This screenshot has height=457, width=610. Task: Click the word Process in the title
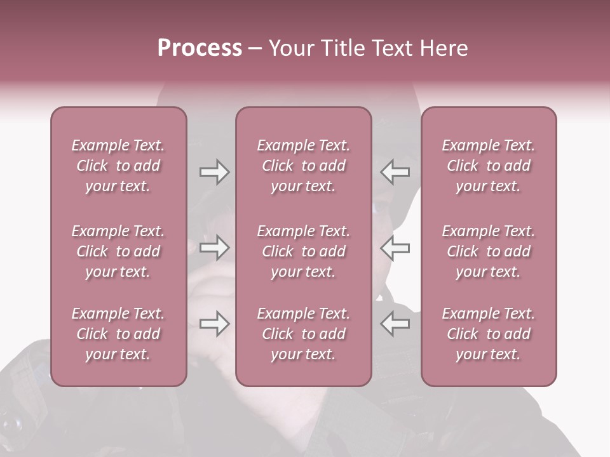click(x=200, y=48)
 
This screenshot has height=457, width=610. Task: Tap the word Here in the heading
click(x=444, y=48)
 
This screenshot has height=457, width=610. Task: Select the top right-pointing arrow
click(x=214, y=172)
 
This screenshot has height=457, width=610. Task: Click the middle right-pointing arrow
click(x=214, y=248)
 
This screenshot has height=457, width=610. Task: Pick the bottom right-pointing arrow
click(x=214, y=324)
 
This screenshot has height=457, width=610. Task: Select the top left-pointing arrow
click(x=395, y=172)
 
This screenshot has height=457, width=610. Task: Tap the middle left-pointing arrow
click(x=395, y=248)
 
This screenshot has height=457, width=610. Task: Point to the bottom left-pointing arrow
click(x=395, y=324)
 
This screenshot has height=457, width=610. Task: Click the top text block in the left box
click(x=118, y=166)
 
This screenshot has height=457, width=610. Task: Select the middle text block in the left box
click(x=118, y=251)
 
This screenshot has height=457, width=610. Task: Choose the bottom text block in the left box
click(x=118, y=334)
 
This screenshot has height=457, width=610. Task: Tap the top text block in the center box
click(x=304, y=166)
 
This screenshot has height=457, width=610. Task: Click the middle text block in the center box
click(x=304, y=251)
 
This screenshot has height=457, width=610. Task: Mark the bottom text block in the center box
click(x=304, y=334)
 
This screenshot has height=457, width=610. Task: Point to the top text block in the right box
click(x=489, y=166)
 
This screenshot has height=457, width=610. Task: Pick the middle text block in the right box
click(x=489, y=251)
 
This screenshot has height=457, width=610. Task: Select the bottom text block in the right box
click(x=489, y=334)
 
